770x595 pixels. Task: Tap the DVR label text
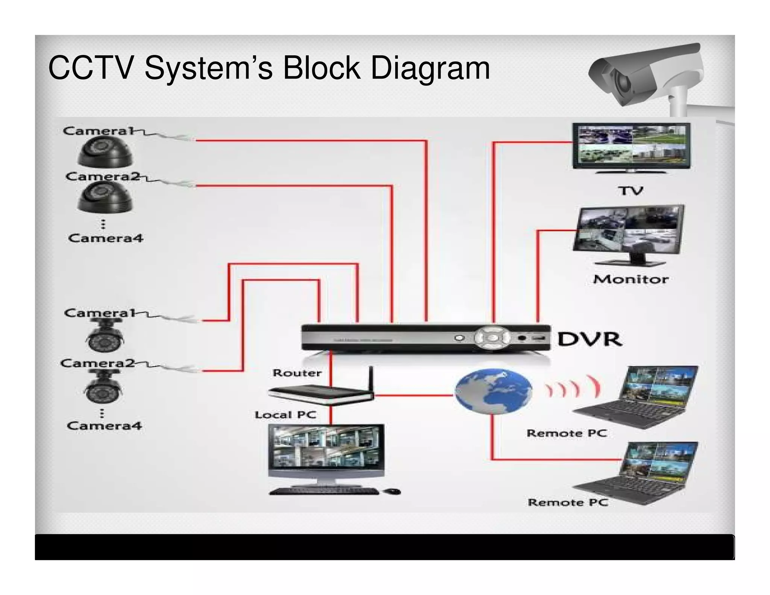(589, 339)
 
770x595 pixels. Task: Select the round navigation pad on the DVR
(492, 337)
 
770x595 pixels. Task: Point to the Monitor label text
(631, 279)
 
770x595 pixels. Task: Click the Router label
(297, 373)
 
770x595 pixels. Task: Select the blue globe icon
(493, 391)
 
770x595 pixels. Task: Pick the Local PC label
(285, 415)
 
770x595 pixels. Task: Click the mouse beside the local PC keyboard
(392, 491)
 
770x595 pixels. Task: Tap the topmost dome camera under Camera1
(105, 152)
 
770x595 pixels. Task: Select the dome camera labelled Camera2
(105, 197)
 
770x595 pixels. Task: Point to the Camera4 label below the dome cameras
(106, 238)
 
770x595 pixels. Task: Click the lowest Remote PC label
(568, 502)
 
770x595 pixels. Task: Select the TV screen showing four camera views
(631, 144)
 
